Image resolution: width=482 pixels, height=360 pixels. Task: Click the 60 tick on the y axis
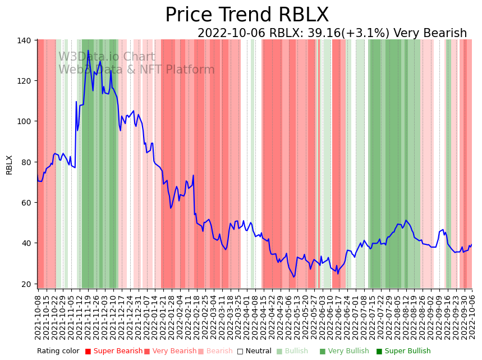[27, 203]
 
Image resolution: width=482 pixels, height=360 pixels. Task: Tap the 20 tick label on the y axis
[27, 284]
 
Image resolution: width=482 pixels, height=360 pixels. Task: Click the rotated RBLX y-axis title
[9, 165]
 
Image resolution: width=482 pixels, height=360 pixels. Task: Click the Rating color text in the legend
[58, 352]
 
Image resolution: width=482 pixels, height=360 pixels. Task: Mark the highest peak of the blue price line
[88, 51]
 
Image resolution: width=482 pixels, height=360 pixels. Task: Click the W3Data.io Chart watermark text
[107, 57]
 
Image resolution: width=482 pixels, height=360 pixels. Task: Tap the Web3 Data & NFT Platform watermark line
[136, 70]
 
